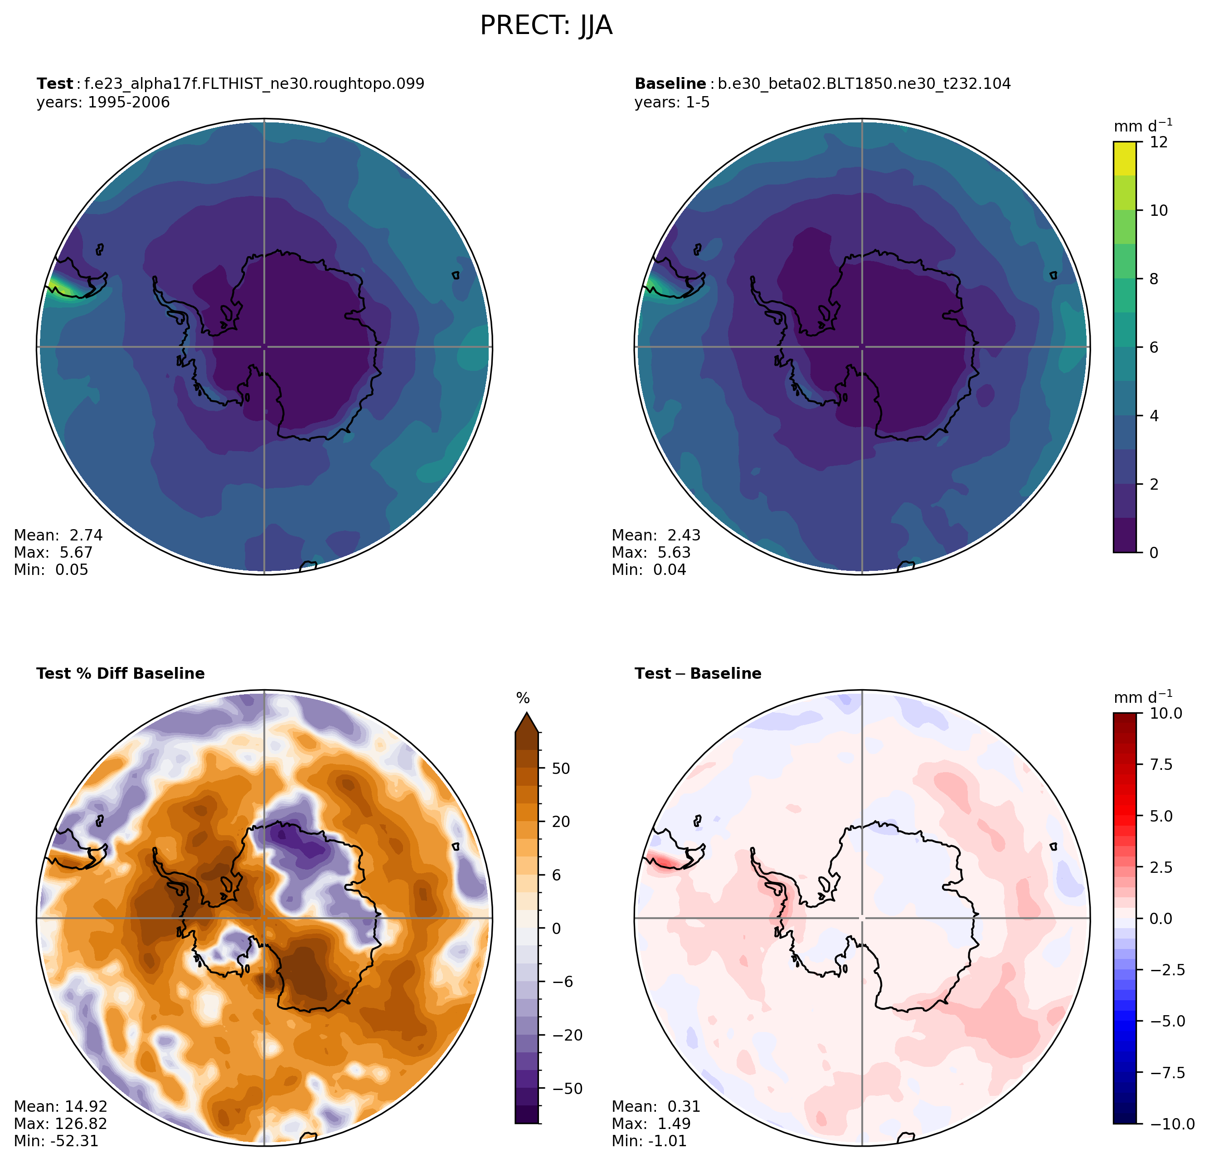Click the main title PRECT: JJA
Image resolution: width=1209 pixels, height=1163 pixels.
pos(546,26)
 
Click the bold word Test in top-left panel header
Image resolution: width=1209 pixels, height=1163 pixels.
pos(54,84)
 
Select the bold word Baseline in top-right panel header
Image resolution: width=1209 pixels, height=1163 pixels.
pos(670,84)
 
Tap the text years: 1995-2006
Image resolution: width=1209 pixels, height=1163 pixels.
pos(103,102)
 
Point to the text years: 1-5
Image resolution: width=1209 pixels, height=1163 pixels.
pos(672,102)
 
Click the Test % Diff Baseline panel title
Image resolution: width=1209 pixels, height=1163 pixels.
pos(120,674)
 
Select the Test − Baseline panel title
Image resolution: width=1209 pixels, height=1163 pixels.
pos(698,674)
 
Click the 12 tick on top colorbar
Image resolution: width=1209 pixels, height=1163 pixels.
pos(1159,142)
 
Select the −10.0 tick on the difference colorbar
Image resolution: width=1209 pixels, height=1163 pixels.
pos(1170,1124)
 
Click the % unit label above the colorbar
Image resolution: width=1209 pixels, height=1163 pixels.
pos(523,698)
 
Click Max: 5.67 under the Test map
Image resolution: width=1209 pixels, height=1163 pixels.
pos(53,552)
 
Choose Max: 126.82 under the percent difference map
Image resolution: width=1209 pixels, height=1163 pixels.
pos(60,1124)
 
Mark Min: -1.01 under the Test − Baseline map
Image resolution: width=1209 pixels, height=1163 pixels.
pos(649,1141)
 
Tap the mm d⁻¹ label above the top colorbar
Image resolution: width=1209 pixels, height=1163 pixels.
pos(1142,126)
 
